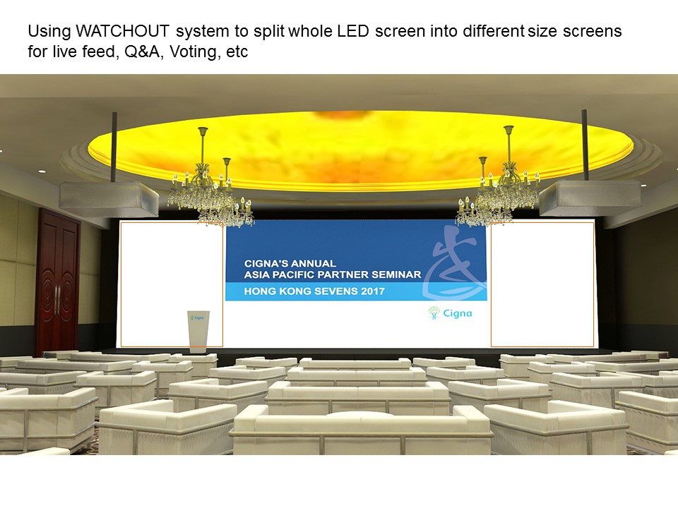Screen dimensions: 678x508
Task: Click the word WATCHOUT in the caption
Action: coord(122,31)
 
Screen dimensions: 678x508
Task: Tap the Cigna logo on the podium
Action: coord(198,318)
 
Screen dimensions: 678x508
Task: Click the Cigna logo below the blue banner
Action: coord(450,313)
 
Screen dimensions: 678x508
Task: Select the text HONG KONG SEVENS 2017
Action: coord(314,291)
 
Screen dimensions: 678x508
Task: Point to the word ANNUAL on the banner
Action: coord(314,263)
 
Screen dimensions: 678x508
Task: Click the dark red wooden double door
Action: coord(58,281)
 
